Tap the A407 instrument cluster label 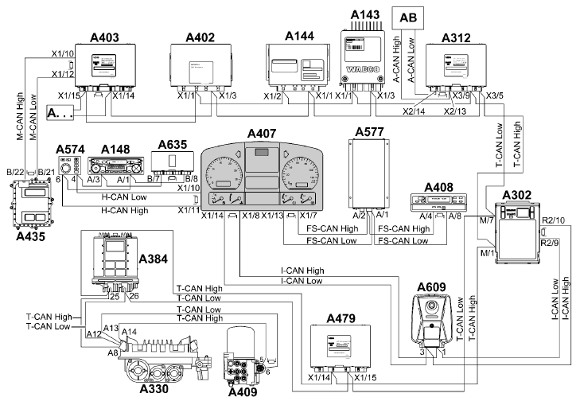click(x=263, y=132)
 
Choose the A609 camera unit click(x=430, y=316)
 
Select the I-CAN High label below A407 click(x=302, y=271)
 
